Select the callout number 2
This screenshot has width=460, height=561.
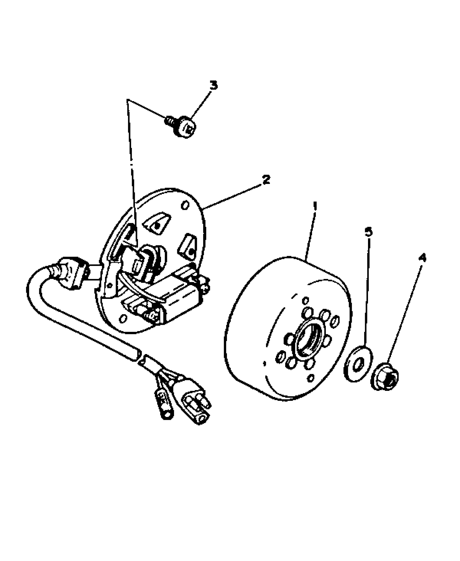coord(266,179)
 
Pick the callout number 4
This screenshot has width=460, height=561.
coord(422,258)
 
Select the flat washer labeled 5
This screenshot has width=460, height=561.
coord(358,363)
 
